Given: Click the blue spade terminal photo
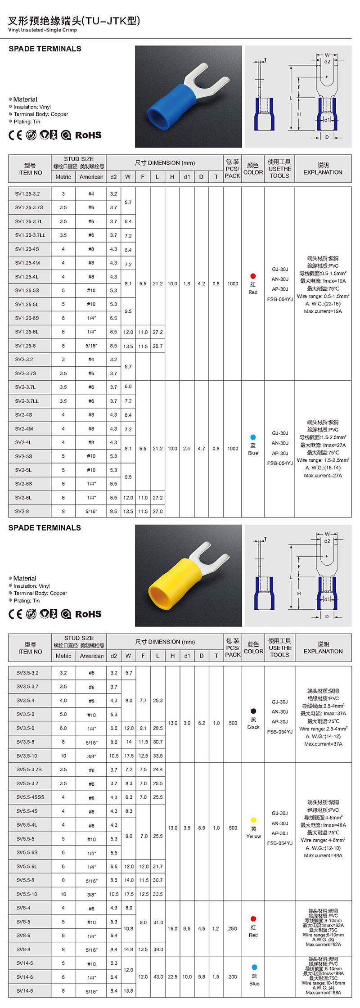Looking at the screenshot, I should point(188,96).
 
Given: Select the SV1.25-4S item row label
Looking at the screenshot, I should point(27,249).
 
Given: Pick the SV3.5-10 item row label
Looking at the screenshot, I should point(27,756).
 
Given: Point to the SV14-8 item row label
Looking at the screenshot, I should point(25,990).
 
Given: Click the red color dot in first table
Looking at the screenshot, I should point(253,276).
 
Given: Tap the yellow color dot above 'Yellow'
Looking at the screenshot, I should point(253,820).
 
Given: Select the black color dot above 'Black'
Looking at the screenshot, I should point(253,711).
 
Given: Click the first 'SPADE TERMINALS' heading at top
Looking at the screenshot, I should point(45,49).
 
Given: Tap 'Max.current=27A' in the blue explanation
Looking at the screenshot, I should point(323,475).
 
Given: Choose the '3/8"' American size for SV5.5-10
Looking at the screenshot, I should point(91,894).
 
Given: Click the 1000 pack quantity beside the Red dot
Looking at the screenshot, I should point(233,283).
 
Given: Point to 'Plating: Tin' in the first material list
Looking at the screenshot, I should point(27,121).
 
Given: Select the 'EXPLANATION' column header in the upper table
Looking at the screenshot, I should point(323,172).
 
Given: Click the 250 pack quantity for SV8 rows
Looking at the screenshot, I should point(233,928).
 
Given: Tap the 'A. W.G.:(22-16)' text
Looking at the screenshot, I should point(323,304).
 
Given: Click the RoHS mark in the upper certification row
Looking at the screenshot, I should point(88,135).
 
